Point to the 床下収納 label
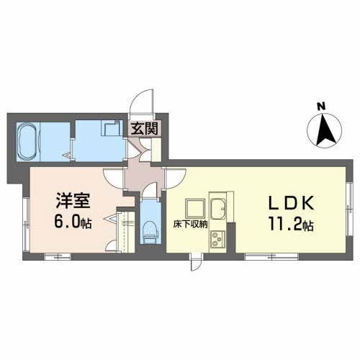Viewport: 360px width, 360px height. [191, 225]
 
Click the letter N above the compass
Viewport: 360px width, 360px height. [321, 108]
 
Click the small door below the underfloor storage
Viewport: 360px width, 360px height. [194, 264]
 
